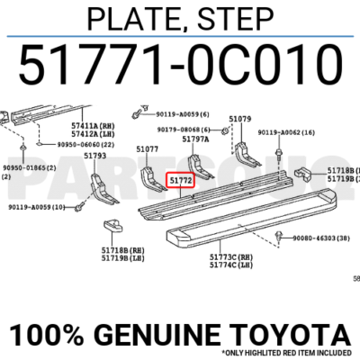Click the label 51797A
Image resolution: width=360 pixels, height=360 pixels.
click(x=195, y=139)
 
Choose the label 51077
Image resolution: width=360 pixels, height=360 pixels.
click(x=148, y=148)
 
